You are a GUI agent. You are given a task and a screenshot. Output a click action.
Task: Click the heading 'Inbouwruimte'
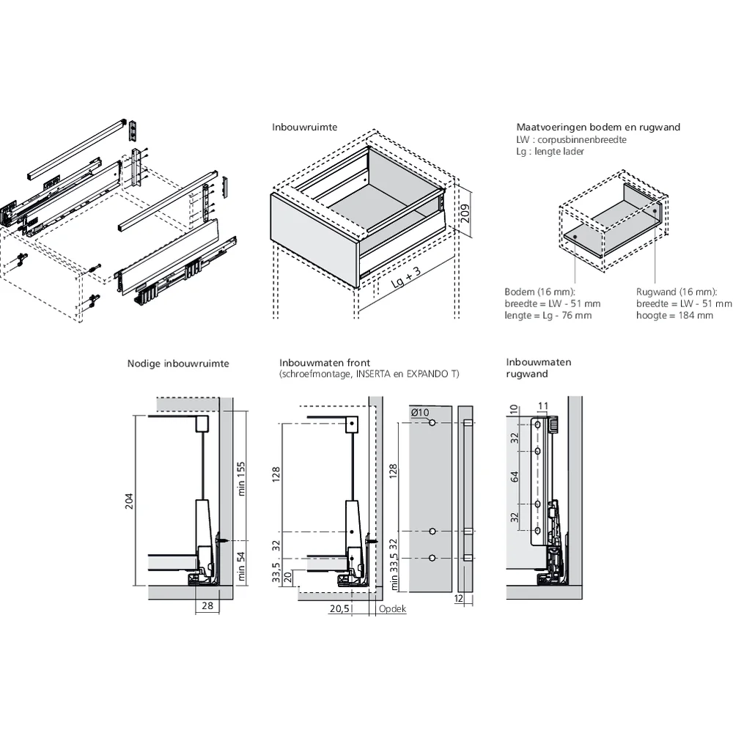point(304,127)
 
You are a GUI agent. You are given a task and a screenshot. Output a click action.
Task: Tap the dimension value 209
point(465,214)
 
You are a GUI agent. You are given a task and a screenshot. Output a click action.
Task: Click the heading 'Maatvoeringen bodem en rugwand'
point(598,127)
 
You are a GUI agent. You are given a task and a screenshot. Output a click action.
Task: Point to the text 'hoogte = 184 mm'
point(674,315)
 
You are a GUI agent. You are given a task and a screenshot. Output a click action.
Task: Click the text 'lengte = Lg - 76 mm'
point(548,315)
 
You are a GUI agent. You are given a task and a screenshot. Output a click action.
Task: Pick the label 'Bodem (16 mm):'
point(539,292)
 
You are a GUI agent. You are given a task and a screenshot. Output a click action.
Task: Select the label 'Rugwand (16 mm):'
point(677,292)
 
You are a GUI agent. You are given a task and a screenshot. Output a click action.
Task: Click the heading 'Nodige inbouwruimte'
point(178,364)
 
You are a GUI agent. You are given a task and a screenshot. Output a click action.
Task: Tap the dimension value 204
point(129,501)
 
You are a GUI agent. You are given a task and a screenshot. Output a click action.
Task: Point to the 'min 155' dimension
point(240,479)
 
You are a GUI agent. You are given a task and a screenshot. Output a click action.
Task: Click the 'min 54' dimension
point(240,566)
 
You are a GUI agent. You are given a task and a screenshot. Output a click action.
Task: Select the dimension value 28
point(207,606)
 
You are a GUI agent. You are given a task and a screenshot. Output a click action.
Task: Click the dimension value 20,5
point(339,608)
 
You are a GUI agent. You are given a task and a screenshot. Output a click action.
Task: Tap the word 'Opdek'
point(392,608)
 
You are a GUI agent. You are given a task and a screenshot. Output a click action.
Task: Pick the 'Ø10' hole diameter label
point(420,412)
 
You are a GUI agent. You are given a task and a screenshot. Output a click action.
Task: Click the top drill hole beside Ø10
point(432,423)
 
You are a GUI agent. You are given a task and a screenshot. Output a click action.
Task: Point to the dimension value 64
point(515,477)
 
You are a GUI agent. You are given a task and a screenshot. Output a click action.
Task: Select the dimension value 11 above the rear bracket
point(542,406)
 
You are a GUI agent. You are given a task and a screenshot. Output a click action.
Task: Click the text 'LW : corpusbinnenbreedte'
point(571,140)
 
